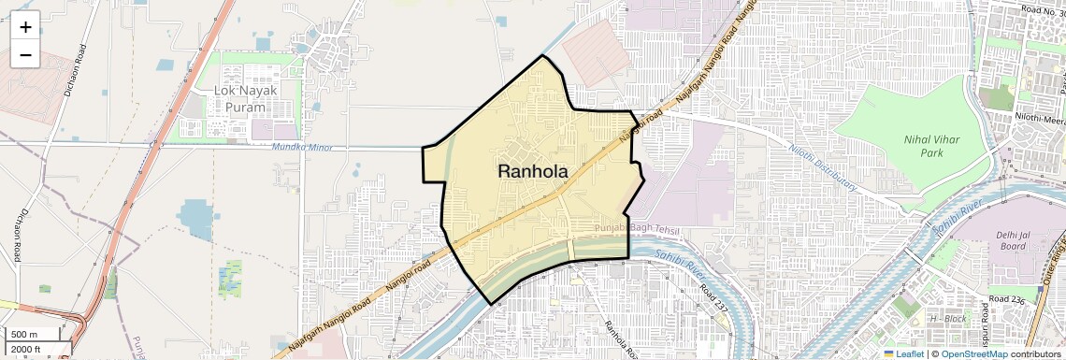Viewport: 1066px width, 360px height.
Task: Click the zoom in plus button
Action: (x=25, y=27)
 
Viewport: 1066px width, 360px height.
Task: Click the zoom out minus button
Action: (x=25, y=54)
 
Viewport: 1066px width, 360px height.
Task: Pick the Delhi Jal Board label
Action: (x=1013, y=240)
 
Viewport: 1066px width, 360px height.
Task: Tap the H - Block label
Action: (x=945, y=318)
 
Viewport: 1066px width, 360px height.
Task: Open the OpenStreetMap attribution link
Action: (x=974, y=353)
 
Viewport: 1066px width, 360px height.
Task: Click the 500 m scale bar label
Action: (x=24, y=335)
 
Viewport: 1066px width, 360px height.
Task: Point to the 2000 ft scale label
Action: (x=26, y=350)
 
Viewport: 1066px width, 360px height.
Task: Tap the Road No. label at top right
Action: (x=1041, y=10)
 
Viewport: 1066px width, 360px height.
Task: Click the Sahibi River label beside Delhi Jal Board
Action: (x=955, y=215)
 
